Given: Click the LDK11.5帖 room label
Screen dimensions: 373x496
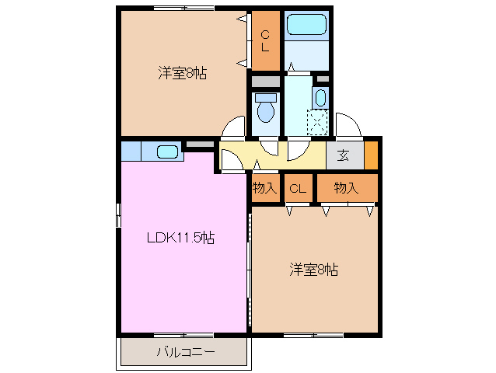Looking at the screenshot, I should point(181,238).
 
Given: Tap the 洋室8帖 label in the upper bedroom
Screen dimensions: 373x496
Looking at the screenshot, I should point(183,74).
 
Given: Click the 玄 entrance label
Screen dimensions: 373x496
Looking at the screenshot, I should point(344,153).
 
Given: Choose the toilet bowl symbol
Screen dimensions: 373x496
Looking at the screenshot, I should point(265,108).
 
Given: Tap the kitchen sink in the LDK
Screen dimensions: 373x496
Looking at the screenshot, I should point(167,151).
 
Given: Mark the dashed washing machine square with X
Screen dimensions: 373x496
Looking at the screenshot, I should point(317,121).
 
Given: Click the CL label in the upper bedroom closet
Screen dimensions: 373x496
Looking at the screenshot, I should point(265,40).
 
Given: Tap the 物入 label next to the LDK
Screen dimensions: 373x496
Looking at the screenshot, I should point(264,187).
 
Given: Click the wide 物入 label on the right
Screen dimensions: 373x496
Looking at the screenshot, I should point(345,187).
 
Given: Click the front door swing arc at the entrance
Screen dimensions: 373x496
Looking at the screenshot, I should point(348,124).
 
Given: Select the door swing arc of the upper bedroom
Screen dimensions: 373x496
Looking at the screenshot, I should point(232,127).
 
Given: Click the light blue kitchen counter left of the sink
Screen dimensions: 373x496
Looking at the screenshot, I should point(131,149).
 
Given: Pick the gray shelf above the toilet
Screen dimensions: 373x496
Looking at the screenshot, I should point(265,81).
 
